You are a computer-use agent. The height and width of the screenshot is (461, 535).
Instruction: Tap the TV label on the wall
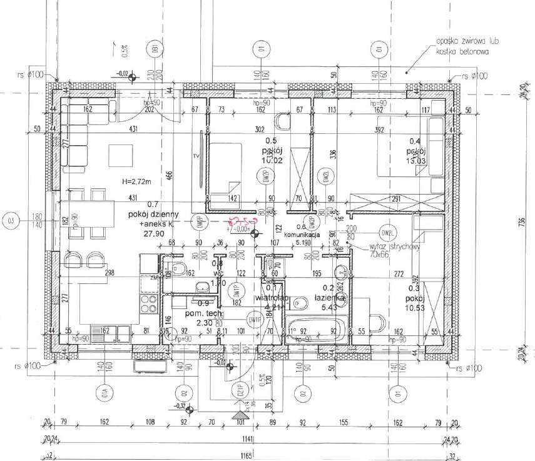click(x=196, y=155)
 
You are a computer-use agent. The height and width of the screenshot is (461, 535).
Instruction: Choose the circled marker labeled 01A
click(x=103, y=395)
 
